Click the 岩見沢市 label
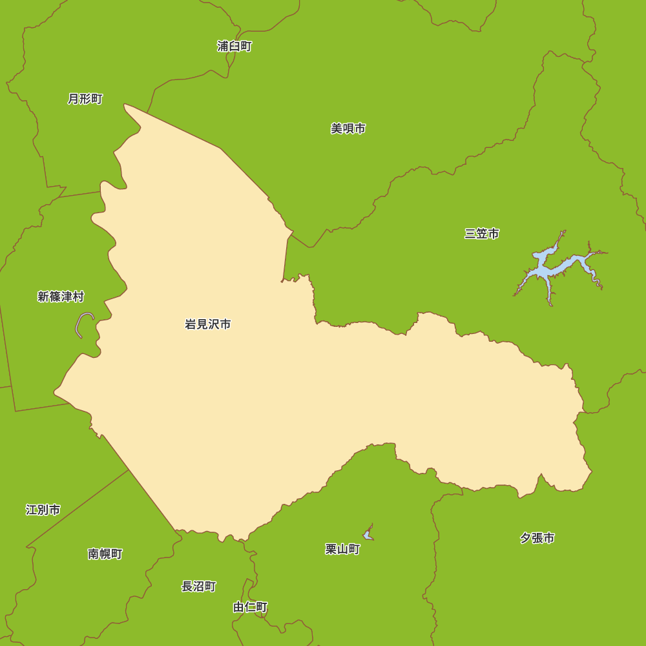tap(207, 324)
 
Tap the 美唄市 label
tap(348, 129)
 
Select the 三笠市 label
tap(481, 234)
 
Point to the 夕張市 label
tap(537, 538)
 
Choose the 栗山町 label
tap(342, 549)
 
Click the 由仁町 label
tap(250, 607)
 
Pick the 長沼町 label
tap(198, 587)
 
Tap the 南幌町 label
tap(105, 554)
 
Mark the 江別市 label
tap(43, 510)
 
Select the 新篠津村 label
tap(61, 297)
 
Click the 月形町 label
tap(85, 99)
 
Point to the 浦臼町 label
tap(234, 46)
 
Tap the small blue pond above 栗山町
tap(368, 534)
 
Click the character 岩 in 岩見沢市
tap(191, 324)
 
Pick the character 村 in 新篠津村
tap(78, 297)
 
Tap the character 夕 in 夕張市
tap(525, 538)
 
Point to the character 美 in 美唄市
tap(337, 129)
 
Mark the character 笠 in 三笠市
tap(481, 234)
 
